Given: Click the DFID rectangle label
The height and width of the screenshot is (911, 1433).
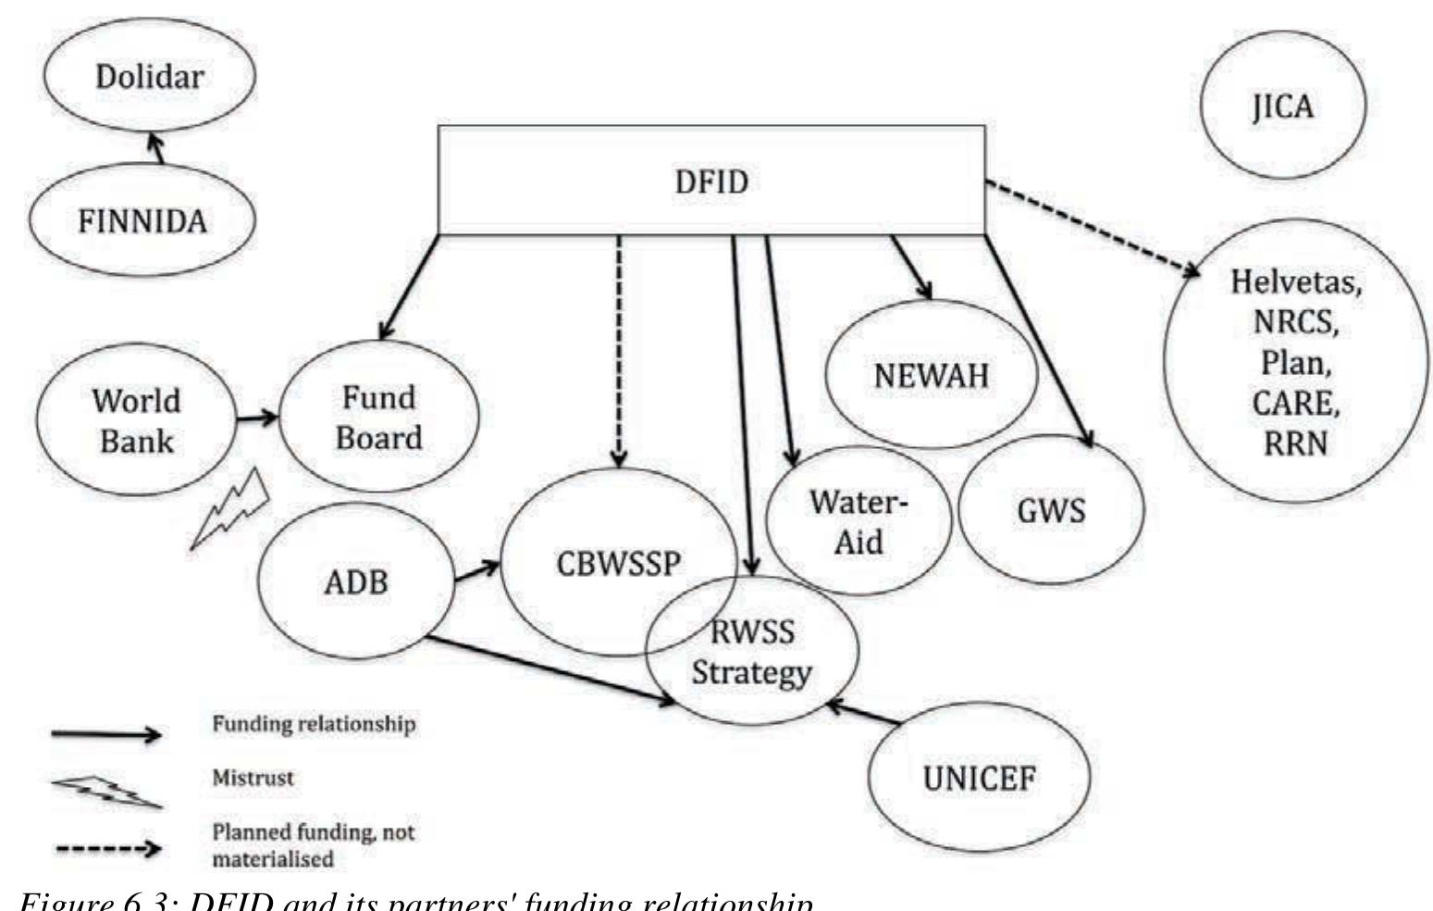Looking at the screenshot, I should tap(710, 181).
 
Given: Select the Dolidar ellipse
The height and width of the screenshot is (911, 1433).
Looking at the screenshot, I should tap(150, 76).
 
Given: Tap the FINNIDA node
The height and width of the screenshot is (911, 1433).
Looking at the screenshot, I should tap(142, 221).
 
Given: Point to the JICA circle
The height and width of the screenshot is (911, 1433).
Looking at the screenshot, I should tap(1282, 106).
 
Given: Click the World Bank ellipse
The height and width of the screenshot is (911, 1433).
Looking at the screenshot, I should tap(136, 420).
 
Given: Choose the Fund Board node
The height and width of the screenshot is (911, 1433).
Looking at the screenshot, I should tap(379, 417).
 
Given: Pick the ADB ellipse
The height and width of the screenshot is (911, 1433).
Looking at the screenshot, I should tap(356, 582).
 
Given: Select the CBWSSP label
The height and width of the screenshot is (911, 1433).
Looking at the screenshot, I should tap(618, 563).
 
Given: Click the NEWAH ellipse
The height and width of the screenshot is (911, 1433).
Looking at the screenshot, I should tap(931, 375).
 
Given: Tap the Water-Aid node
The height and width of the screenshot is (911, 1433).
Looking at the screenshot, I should tap(859, 521).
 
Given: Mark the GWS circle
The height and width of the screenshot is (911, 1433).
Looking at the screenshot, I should tap(1051, 510).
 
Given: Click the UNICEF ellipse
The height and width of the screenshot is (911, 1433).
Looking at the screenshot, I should tap(980, 779).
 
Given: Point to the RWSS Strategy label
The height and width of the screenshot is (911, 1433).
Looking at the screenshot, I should tap(751, 652).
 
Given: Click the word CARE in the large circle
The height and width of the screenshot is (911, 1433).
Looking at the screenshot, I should tap(1295, 403).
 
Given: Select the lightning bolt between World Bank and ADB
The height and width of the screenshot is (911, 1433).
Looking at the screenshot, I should tap(229, 509).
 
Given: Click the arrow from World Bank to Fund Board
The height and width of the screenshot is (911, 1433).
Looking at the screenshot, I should tap(257, 418).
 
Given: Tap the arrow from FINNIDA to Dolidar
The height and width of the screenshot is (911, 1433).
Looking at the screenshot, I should tap(157, 149).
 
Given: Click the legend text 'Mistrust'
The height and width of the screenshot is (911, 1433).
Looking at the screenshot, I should tap(253, 778).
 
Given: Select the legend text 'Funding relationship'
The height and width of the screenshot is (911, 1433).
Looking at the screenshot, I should tap(314, 723).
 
